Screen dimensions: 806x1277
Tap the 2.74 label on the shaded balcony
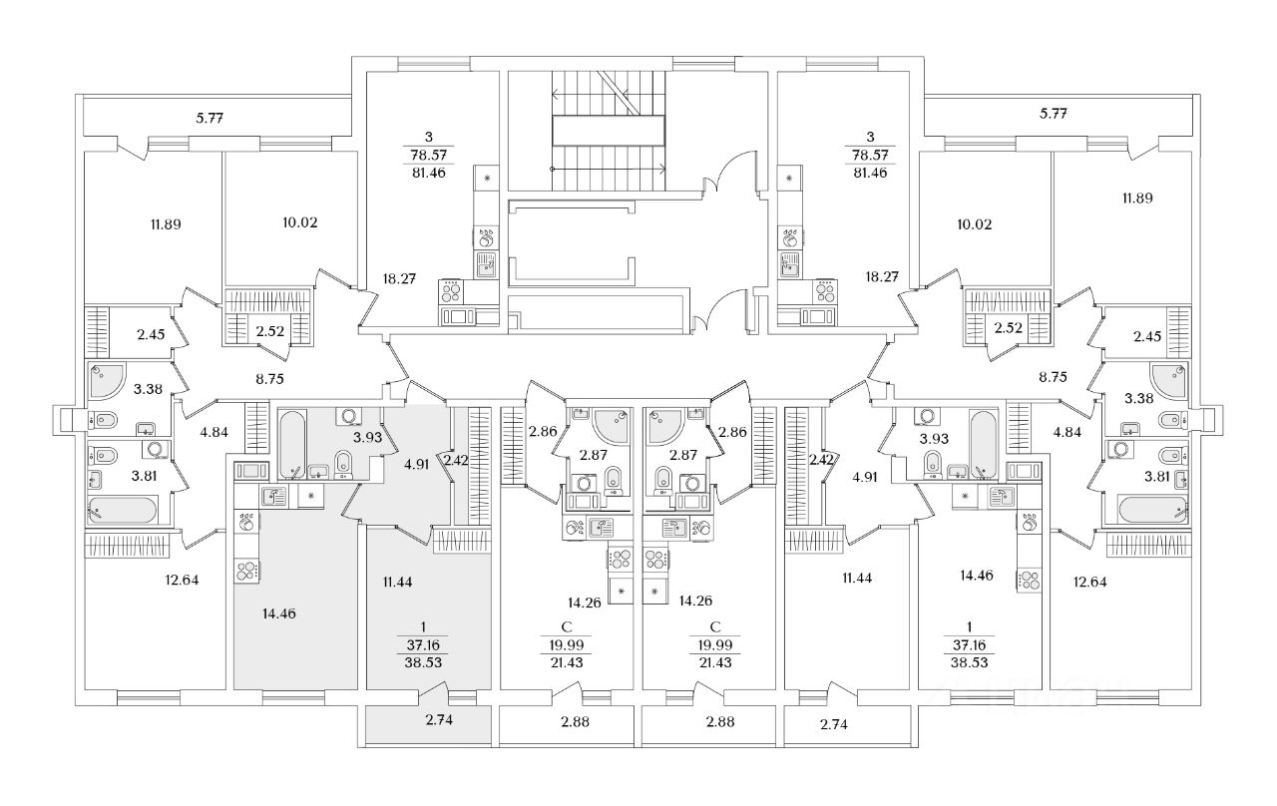pyautogui.click(x=440, y=719)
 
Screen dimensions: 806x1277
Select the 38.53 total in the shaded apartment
pyautogui.click(x=429, y=659)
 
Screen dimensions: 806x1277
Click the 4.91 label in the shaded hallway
pyautogui.click(x=415, y=462)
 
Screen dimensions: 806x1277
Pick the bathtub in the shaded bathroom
pyautogui.click(x=291, y=445)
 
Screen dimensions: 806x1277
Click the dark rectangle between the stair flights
pyautogui.click(x=610, y=130)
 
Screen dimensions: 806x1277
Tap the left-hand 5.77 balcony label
pyautogui.click(x=210, y=118)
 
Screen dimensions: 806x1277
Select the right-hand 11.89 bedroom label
pyautogui.click(x=1137, y=198)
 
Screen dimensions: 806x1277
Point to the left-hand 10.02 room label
pyautogui.click(x=301, y=222)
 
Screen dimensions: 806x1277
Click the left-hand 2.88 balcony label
pyautogui.click(x=582, y=720)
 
